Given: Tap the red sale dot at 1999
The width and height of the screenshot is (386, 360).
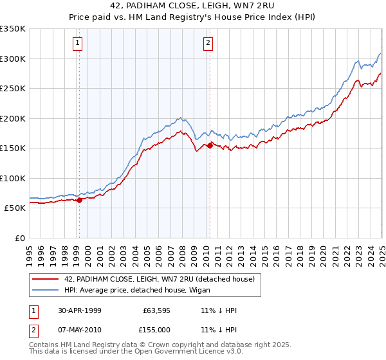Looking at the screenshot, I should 79,200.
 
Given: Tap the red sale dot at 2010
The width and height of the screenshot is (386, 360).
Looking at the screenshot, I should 210,145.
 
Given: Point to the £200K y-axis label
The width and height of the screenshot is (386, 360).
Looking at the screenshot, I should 13,118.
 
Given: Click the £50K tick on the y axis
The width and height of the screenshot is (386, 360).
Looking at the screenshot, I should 15,208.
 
